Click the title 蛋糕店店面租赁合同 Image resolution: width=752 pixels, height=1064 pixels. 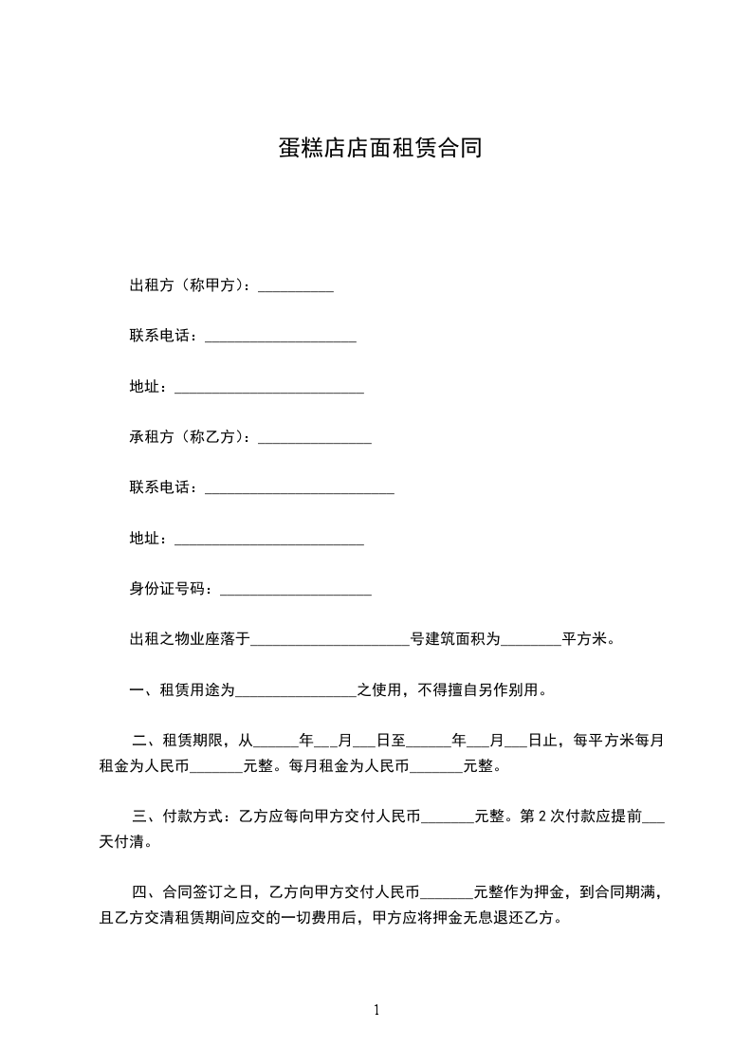pos(379,149)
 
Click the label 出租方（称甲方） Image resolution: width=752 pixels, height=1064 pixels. pos(189,285)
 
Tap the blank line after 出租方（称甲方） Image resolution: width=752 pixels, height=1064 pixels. pos(296,287)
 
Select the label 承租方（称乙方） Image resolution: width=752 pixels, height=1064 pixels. pos(189,437)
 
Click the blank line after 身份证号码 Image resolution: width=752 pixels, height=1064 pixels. pos(296,591)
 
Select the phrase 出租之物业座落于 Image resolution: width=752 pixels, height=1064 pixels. pos(190,640)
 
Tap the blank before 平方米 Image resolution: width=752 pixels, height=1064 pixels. pos(530,642)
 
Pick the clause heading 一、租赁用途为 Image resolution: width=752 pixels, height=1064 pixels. pos(182,690)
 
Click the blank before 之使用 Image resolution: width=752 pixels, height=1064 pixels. pos(296,692)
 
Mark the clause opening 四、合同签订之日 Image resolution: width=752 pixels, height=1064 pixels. pos(193,891)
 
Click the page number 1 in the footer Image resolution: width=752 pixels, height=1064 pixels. pos(376,1010)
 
